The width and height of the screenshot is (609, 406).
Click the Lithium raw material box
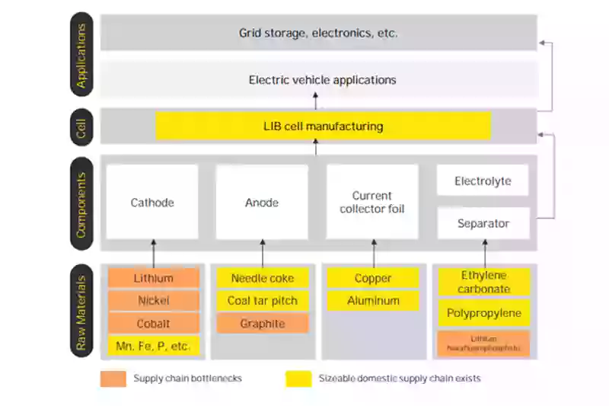point(153,278)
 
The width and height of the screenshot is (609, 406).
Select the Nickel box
point(153,301)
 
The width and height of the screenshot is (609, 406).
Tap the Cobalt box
point(153,324)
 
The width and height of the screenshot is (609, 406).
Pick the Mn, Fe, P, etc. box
point(153,346)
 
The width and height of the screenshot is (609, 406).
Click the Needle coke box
point(263,278)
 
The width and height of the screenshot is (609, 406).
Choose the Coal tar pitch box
point(263,301)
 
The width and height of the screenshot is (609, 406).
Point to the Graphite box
point(263,324)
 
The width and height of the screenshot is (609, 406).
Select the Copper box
point(373,278)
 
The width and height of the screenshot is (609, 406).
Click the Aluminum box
point(373,301)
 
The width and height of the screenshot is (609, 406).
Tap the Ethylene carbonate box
point(484,282)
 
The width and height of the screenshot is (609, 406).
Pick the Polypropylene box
point(484,313)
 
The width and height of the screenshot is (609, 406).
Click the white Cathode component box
point(152,202)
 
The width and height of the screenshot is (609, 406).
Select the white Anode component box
point(262,202)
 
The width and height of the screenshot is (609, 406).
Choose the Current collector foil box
point(372,202)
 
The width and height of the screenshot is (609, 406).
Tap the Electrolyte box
point(483,181)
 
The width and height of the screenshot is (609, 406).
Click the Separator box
point(483,223)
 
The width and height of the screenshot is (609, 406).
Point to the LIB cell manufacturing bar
point(323,126)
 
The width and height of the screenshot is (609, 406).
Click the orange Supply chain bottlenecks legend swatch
point(113,379)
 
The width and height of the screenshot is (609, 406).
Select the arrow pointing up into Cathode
point(153,252)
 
